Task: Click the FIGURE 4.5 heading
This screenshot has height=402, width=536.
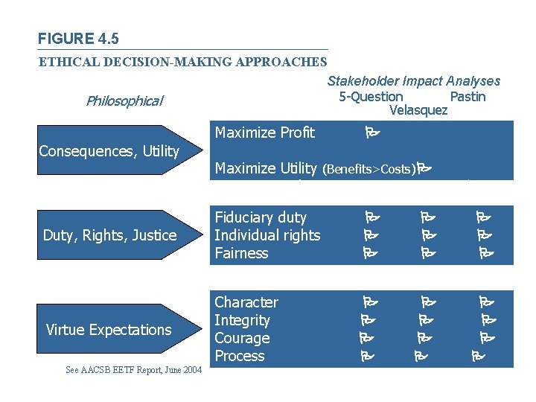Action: pyautogui.click(x=78, y=39)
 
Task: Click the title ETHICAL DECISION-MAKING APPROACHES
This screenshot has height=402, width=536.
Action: pyautogui.click(x=182, y=62)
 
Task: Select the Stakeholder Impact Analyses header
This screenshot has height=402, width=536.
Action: pyautogui.click(x=413, y=81)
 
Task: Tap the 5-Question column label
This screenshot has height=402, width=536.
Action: pyautogui.click(x=371, y=97)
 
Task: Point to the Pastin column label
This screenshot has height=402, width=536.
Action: pyautogui.click(x=468, y=97)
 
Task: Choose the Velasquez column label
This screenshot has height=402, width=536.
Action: pyautogui.click(x=418, y=111)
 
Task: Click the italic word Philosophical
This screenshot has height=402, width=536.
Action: pyautogui.click(x=124, y=100)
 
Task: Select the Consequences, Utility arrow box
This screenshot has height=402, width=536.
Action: pyautogui.click(x=112, y=151)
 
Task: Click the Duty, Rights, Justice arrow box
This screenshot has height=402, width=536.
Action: pyautogui.click(x=112, y=235)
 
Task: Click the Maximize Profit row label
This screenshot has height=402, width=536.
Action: pyautogui.click(x=264, y=133)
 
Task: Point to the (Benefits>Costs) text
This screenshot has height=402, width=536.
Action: pyautogui.click(x=368, y=170)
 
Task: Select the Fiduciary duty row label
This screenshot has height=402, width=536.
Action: pyautogui.click(x=261, y=217)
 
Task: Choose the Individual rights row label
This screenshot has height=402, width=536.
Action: pyautogui.click(x=267, y=235)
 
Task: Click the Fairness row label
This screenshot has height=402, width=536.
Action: pyautogui.click(x=241, y=253)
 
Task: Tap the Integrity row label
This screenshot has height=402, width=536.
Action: pyautogui.click(x=242, y=320)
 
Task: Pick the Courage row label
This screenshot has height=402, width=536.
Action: pyautogui.click(x=242, y=338)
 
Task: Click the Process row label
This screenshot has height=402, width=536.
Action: pyautogui.click(x=240, y=356)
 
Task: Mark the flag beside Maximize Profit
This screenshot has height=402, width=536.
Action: pyautogui.click(x=372, y=134)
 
